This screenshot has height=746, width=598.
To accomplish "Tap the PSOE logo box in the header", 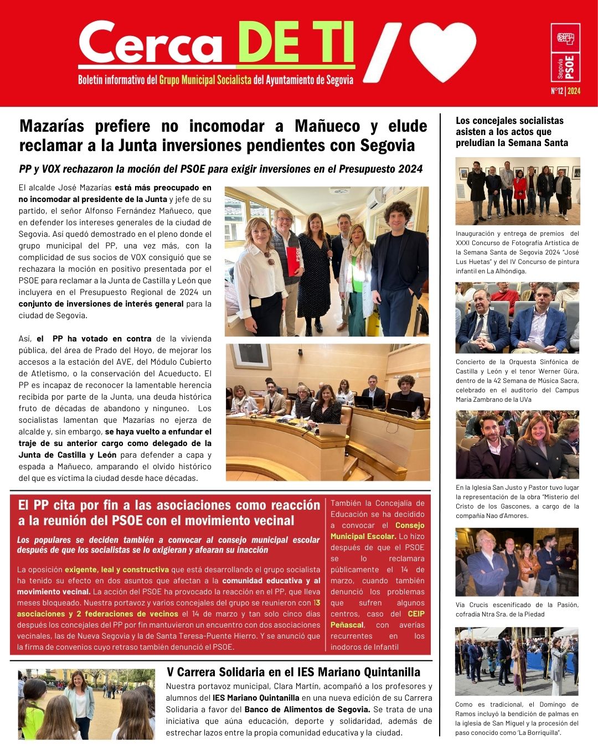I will click(x=565, y=54).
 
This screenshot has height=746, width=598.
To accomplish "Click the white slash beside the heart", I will click(x=382, y=53).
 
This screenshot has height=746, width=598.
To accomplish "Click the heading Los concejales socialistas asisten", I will click(x=509, y=132).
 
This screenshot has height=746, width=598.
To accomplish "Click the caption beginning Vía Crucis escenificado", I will click(x=517, y=609).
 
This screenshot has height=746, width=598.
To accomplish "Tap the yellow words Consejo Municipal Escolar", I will click(x=378, y=531).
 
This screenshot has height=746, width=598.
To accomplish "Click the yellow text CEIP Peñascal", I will click(x=377, y=619).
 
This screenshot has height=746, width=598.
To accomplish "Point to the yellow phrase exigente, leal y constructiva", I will click(x=117, y=569).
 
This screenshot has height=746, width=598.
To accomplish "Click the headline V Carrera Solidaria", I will click(x=293, y=672).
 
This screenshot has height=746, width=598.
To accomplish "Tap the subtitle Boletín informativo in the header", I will click(x=215, y=80).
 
